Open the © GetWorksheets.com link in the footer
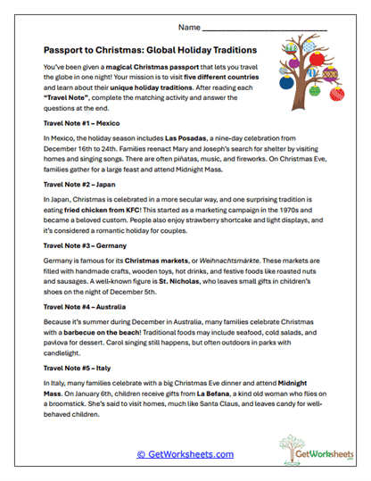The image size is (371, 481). point(185,453)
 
